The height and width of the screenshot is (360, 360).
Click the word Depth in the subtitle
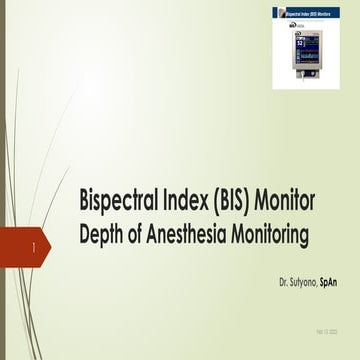(102, 235)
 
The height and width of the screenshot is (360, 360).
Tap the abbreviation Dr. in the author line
(284, 270)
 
